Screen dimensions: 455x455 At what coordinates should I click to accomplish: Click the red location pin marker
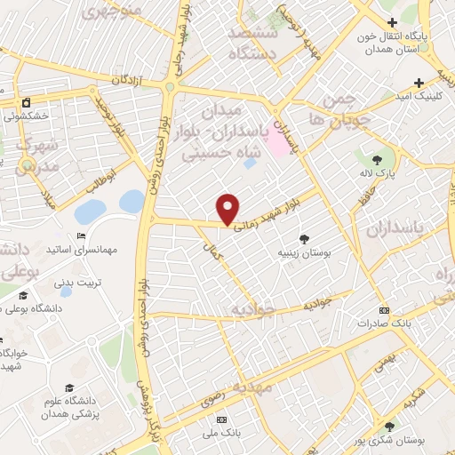click(x=228, y=208)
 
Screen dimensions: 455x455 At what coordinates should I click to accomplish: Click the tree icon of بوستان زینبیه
click(x=306, y=238)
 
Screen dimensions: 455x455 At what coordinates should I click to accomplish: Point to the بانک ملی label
click(x=221, y=434)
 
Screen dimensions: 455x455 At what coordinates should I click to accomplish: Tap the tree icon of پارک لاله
click(x=379, y=159)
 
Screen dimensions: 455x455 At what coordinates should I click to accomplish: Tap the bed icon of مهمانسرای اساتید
click(x=81, y=236)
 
